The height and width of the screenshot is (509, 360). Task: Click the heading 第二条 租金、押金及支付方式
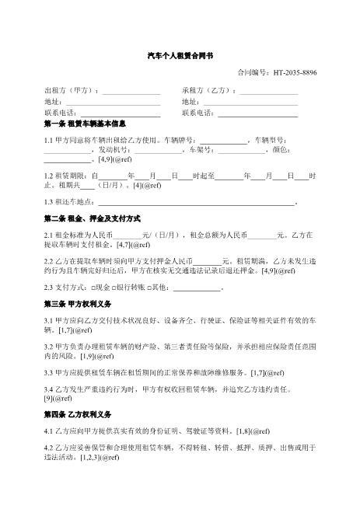pyautogui.click(x=90, y=218)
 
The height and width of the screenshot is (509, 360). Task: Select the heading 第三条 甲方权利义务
pyautogui.click(x=79, y=304)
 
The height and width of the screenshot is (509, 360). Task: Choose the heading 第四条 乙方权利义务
pyautogui.click(x=79, y=413)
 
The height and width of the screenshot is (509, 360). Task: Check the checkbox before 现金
pyautogui.click(x=91, y=288)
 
